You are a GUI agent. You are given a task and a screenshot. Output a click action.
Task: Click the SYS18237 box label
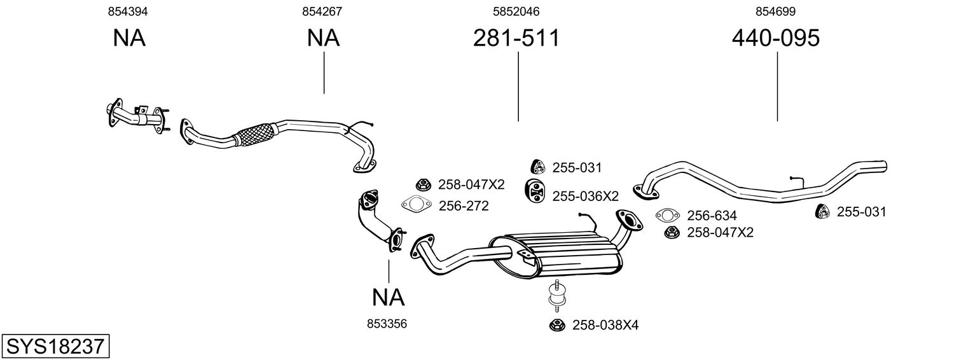coord(55,346)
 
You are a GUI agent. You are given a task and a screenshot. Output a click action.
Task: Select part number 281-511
coord(516,38)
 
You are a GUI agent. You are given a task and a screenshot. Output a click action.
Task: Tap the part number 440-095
coord(776,38)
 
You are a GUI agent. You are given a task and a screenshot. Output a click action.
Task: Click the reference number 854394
coord(128,11)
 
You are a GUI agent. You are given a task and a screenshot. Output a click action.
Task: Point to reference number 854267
coord(322,11)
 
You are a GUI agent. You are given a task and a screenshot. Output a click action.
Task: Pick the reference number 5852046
coord(516,11)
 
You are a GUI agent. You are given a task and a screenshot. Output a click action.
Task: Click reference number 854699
coord(775,11)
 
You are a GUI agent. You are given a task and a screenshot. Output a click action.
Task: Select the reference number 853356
coord(387,324)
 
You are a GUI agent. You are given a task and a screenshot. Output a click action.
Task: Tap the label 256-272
coord(464,206)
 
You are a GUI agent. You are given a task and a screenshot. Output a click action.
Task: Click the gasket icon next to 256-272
coord(416,204)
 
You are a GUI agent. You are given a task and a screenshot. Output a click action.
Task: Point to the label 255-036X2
coord(585,197)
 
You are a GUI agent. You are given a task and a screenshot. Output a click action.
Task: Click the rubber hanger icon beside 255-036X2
coord(535,191)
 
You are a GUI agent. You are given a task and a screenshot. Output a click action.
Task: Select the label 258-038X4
coord(605,325)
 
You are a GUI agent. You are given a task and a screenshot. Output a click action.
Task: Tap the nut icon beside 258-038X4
coord(557,325)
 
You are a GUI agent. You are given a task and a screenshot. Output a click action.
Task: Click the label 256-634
coord(712,216)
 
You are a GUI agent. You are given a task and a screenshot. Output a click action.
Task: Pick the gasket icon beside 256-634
coord(668,214)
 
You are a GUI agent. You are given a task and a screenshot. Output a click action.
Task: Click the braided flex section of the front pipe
coord(254,134)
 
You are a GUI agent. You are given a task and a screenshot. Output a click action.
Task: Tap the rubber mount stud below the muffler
coord(555,296)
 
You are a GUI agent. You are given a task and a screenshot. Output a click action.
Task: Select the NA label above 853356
coord(389,298)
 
